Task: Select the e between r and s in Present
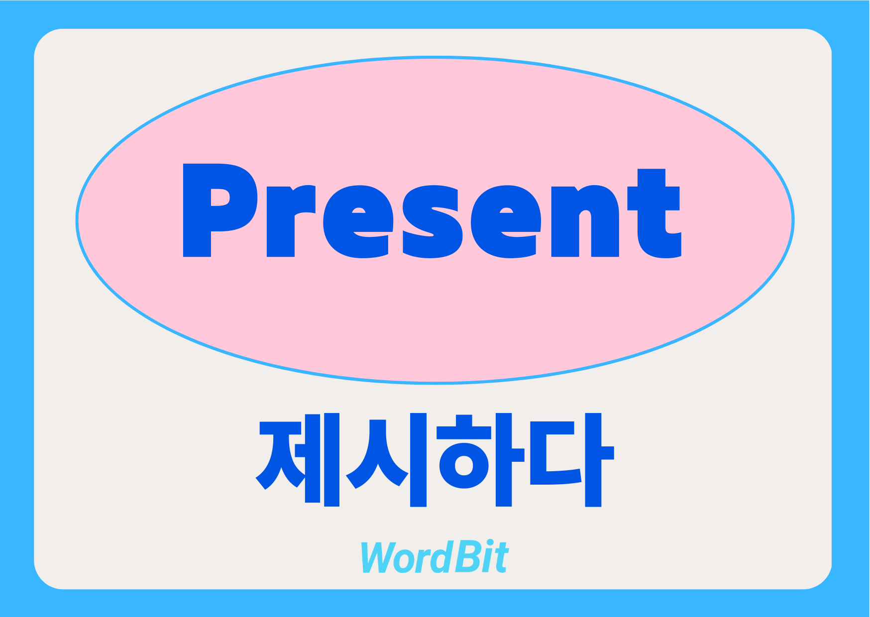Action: point(358,221)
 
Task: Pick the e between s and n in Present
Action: point(506,221)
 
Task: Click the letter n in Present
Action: point(585,221)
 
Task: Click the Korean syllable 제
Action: point(298,460)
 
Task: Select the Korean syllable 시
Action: point(386,460)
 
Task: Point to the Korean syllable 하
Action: point(475,460)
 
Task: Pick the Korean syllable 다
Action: point(572,460)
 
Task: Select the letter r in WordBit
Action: point(423,561)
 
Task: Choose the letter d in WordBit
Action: point(442,556)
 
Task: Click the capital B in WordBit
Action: point(468,557)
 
